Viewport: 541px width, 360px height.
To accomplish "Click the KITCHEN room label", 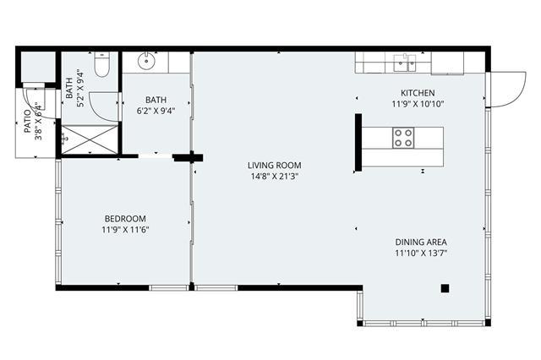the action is (418, 93).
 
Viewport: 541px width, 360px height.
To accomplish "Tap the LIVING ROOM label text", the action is (274, 165).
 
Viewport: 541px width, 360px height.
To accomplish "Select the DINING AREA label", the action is (421, 242).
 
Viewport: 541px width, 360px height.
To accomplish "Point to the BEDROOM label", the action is (125, 219).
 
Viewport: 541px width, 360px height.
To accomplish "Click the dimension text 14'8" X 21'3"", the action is (274, 177).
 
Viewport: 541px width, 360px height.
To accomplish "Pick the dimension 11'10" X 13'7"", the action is (421, 254).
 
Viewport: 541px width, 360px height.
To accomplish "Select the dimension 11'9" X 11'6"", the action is (125, 230).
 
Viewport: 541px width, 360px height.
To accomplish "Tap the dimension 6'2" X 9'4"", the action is (156, 111).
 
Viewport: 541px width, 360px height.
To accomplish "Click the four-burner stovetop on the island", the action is (403, 138).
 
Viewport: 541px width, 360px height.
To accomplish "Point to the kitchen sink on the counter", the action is (405, 63).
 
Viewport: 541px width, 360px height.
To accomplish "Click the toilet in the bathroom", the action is (102, 64).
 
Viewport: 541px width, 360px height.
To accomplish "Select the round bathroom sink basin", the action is (147, 62).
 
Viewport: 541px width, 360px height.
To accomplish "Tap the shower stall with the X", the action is (90, 139).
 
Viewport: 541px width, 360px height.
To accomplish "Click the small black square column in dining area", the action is (445, 288).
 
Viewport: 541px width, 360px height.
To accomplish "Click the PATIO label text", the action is (28, 121).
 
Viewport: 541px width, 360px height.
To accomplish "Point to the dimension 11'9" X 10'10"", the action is (418, 104).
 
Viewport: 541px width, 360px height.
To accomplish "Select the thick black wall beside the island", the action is (358, 143).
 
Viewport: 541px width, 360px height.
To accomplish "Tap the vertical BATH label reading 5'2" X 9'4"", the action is (74, 88).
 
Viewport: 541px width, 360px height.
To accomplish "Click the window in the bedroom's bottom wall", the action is (169, 287).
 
